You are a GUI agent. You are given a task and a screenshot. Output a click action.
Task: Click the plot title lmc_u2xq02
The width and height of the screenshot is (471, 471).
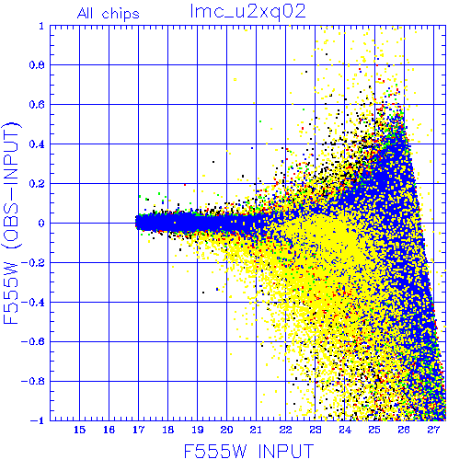pos(247,12)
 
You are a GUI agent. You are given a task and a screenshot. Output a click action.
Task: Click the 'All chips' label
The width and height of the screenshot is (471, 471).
pos(109,14)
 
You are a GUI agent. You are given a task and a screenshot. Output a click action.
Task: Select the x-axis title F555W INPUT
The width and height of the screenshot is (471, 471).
pos(248,452)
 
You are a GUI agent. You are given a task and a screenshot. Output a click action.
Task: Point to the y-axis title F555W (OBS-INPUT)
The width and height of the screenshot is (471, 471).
pos(11,224)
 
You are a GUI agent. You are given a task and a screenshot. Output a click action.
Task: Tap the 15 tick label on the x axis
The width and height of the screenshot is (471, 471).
pos(79,430)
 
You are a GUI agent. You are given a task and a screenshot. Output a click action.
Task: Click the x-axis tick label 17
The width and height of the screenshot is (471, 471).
pos(138,430)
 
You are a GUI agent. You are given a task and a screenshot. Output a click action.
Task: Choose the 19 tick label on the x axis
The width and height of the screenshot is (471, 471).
pos(198,430)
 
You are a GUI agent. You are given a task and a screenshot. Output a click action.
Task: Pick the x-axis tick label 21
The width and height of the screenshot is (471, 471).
pos(256,430)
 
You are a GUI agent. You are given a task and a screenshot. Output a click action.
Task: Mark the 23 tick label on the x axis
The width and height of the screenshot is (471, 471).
pos(315,430)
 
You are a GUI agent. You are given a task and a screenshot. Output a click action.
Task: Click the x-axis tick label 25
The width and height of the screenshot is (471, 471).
pos(374,430)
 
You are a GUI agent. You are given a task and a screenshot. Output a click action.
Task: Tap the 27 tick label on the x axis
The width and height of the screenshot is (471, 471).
pos(433,430)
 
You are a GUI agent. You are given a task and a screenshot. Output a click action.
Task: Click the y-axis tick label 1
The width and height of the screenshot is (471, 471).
pos(41,26)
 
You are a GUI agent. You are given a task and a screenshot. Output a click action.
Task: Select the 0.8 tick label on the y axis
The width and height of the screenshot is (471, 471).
pos(37,65)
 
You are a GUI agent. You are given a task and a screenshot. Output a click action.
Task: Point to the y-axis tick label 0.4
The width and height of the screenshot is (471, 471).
pos(37,144)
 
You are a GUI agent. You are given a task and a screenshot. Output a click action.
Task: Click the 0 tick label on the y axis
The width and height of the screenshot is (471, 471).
pos(41,224)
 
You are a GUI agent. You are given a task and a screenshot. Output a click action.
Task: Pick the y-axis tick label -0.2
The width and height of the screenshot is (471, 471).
pos(33,263)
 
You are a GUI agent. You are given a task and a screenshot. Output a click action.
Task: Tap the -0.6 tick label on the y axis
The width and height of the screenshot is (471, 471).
pos(33,341)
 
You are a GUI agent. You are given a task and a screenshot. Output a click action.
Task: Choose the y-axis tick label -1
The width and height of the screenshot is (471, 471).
pos(38,420)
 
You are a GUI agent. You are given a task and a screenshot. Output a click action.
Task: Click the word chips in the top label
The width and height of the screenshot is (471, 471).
pos(121,15)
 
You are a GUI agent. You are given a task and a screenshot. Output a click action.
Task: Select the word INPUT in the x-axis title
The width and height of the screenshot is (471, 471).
pos(286,452)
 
